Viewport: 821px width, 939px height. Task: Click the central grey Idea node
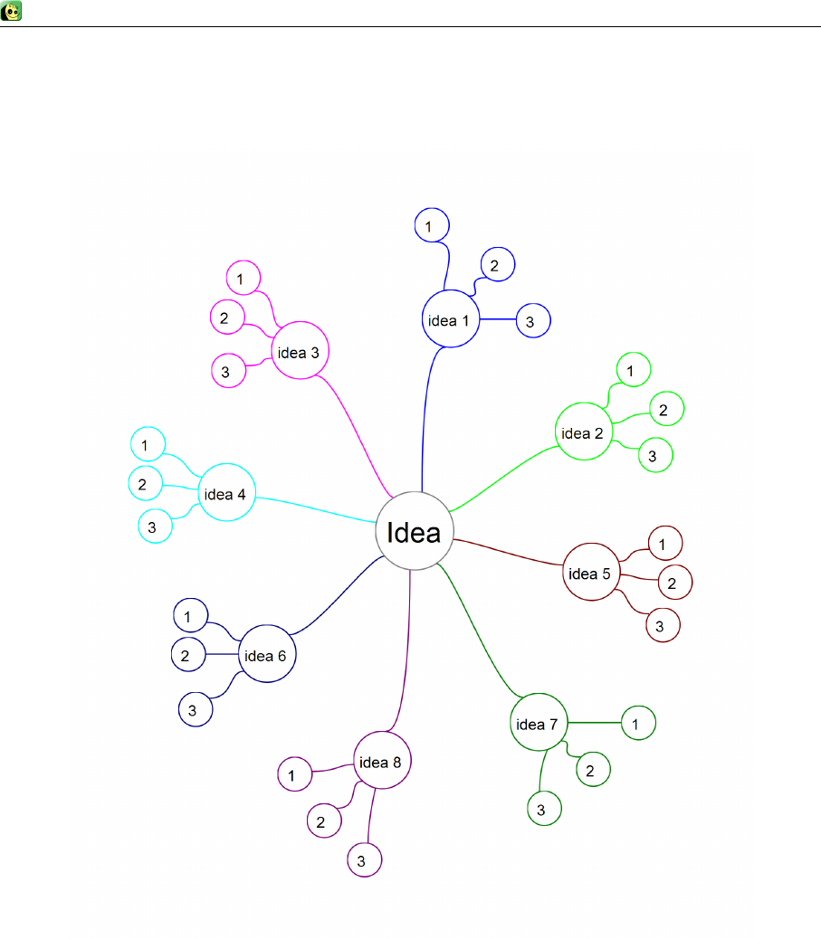(x=415, y=531)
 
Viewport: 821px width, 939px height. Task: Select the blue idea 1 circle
(x=450, y=319)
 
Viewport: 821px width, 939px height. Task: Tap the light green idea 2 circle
(x=582, y=432)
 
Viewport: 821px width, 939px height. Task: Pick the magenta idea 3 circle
(x=299, y=352)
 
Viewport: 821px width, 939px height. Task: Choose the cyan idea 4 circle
(x=225, y=494)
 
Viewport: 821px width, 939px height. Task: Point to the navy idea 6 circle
(x=266, y=655)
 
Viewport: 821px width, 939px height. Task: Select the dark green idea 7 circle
(x=539, y=723)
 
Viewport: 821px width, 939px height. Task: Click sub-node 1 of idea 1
(x=432, y=225)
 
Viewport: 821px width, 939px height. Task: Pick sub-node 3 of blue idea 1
(x=532, y=321)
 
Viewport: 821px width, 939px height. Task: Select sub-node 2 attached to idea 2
(x=665, y=410)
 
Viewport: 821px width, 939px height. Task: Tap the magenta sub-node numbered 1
(x=242, y=279)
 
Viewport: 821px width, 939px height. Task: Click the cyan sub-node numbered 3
(x=154, y=526)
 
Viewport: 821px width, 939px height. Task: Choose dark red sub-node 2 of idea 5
(x=673, y=583)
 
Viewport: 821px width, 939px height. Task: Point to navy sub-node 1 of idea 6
(x=189, y=616)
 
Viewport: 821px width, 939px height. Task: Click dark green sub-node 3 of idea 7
(x=543, y=809)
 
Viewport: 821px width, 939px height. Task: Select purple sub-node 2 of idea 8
(x=322, y=821)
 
